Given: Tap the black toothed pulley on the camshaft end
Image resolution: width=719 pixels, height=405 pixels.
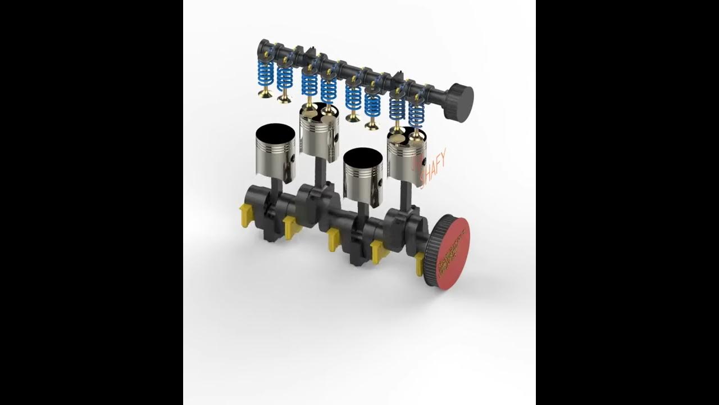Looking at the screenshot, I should click(x=459, y=101).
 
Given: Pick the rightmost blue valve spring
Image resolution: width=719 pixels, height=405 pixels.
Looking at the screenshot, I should click(x=416, y=114).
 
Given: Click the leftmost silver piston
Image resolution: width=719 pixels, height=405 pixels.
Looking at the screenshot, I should click(x=275, y=155).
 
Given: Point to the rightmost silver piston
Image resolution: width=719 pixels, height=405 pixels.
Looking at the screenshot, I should click(x=407, y=157).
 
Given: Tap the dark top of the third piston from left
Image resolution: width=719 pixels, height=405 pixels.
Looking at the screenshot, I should click(x=362, y=156).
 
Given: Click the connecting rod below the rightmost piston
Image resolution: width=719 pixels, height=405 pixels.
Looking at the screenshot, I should click(x=404, y=194).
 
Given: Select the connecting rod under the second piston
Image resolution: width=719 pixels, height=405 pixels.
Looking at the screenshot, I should click(x=318, y=172).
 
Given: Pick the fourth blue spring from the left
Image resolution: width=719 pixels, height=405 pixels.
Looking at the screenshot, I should click(x=329, y=90).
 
